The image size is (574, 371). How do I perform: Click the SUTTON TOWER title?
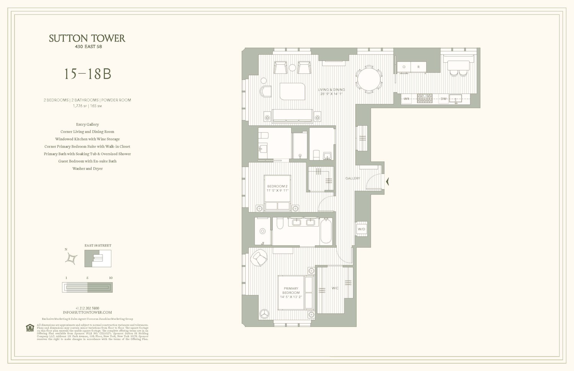(x=87, y=38)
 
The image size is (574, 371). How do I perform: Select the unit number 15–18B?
(x=87, y=74)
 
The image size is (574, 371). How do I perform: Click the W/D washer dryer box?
(x=361, y=229)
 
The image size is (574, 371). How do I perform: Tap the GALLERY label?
(x=352, y=178)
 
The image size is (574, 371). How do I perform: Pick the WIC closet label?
(x=335, y=288)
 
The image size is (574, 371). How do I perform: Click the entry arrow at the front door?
(x=387, y=181)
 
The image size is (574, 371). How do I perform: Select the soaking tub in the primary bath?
(x=326, y=231)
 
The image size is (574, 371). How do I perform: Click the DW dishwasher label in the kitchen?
(x=444, y=99)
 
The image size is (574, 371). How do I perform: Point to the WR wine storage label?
(x=406, y=99)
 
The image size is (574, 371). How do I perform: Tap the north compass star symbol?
(x=71, y=259)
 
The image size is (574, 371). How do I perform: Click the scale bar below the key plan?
(x=87, y=287)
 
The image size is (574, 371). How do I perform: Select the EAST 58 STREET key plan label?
(x=98, y=246)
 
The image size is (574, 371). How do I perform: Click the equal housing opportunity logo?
(x=30, y=328)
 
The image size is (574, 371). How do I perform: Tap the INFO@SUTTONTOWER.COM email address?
(x=87, y=313)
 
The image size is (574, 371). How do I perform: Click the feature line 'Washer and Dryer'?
(x=87, y=168)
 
